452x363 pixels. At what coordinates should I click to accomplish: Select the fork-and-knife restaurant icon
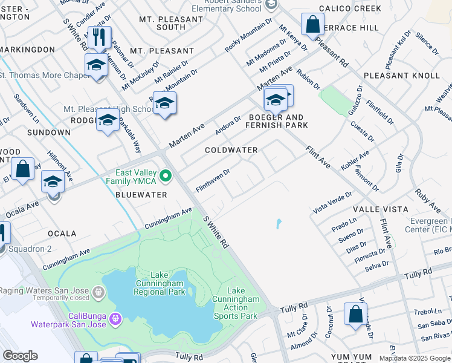pyautogui.click(x=99, y=38)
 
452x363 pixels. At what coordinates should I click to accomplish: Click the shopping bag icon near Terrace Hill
pyautogui.click(x=313, y=26)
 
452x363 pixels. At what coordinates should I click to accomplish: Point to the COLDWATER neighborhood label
pyautogui.click(x=231, y=150)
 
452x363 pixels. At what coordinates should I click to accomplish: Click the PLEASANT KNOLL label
pyautogui.click(x=402, y=76)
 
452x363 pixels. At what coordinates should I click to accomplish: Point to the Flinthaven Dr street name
pyautogui.click(x=213, y=181)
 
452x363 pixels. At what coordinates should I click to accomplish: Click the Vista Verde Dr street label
pyautogui.click(x=332, y=202)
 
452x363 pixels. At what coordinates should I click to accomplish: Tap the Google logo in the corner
pyautogui.click(x=20, y=356)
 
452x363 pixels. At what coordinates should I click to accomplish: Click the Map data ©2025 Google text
pyautogui.click(x=414, y=358)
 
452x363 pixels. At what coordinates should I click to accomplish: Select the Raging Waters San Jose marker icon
pyautogui.click(x=98, y=294)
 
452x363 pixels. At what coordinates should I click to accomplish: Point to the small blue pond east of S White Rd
pyautogui.click(x=278, y=224)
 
